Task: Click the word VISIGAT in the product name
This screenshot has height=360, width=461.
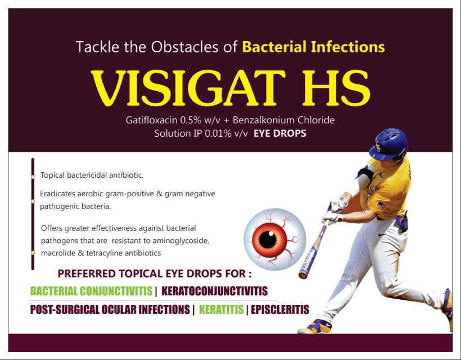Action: (x=188, y=88)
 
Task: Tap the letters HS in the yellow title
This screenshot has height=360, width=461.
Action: (x=336, y=88)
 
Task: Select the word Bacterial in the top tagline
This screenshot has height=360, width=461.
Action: (x=274, y=47)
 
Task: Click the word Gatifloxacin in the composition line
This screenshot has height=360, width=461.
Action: (x=151, y=120)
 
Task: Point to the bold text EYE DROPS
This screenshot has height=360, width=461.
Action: (x=279, y=133)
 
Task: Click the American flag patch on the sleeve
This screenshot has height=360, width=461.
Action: (x=381, y=205)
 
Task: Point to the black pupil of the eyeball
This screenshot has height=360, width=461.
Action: (x=268, y=240)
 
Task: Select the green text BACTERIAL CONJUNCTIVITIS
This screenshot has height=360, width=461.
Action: (x=91, y=291)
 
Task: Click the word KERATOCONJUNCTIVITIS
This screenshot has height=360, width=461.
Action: (x=215, y=291)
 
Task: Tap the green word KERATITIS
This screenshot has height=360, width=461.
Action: (x=222, y=309)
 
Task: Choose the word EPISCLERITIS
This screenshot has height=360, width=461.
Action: (x=280, y=309)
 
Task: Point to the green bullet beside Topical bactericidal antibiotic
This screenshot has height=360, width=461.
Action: (x=33, y=177)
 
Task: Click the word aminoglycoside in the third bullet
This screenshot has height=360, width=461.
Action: (x=181, y=241)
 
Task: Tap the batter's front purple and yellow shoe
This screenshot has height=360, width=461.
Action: (x=315, y=326)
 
